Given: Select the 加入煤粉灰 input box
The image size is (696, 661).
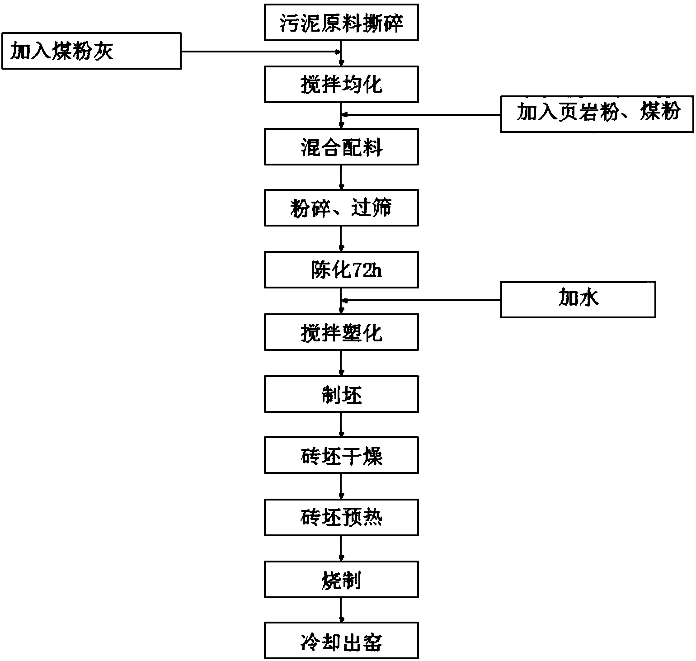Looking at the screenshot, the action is [x=91, y=51].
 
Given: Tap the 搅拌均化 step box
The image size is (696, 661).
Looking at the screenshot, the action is [x=341, y=84].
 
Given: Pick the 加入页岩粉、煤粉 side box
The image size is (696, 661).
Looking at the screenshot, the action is [x=597, y=114].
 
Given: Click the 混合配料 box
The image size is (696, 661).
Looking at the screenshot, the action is [x=341, y=146].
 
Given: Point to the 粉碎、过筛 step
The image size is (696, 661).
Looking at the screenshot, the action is [x=341, y=208].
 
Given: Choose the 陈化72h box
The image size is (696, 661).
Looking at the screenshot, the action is [x=341, y=270].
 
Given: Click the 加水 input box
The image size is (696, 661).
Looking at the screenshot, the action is [x=578, y=299].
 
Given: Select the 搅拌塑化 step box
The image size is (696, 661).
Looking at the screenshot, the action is [x=341, y=332].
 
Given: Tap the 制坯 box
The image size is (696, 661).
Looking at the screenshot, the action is [x=341, y=394].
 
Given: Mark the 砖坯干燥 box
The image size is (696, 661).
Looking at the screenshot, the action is [x=341, y=455].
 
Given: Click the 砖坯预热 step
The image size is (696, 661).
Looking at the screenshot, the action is [x=341, y=517].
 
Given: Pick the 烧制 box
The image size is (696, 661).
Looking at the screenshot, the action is [x=341, y=580].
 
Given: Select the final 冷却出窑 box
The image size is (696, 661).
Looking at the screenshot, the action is [x=341, y=641].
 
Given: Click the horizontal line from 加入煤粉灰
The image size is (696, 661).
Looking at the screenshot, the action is [x=261, y=51].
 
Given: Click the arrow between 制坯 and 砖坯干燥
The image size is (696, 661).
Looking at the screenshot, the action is [x=341, y=425].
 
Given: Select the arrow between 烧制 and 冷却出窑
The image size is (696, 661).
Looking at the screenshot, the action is [x=341, y=610].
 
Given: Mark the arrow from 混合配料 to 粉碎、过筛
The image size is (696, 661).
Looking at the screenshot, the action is [x=341, y=177].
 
